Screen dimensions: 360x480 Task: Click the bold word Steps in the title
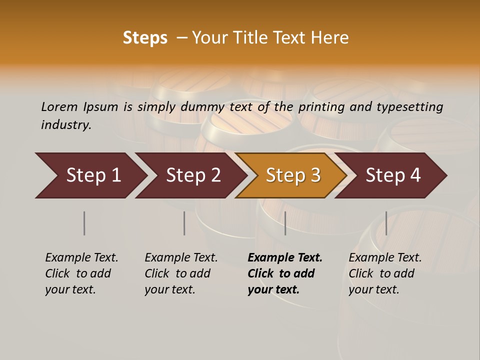click(145, 38)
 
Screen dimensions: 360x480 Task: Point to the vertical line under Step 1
click(84, 223)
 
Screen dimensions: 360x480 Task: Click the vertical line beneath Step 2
click(184, 223)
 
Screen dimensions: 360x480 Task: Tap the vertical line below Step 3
click(285, 223)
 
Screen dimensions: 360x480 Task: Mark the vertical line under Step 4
click(386, 223)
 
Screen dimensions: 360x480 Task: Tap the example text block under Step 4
click(385, 273)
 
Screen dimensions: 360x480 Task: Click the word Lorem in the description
click(59, 107)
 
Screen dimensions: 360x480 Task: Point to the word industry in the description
click(66, 125)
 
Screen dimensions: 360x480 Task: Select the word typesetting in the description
click(409, 107)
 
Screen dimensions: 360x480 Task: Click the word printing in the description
click(322, 107)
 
